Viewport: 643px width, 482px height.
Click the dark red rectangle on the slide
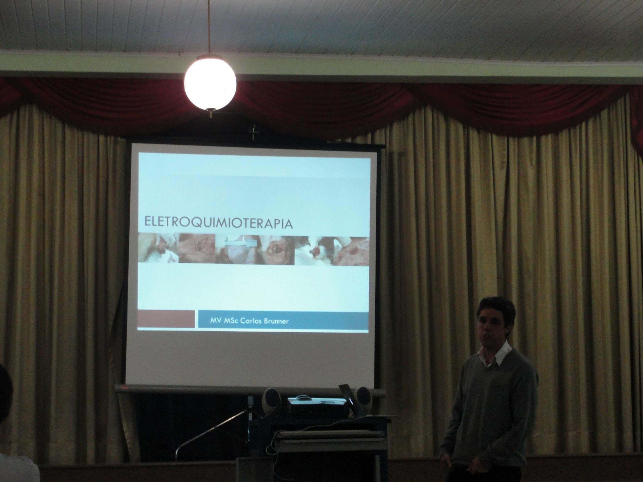click(166, 319)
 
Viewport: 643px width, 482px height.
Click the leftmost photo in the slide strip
click(158, 248)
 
